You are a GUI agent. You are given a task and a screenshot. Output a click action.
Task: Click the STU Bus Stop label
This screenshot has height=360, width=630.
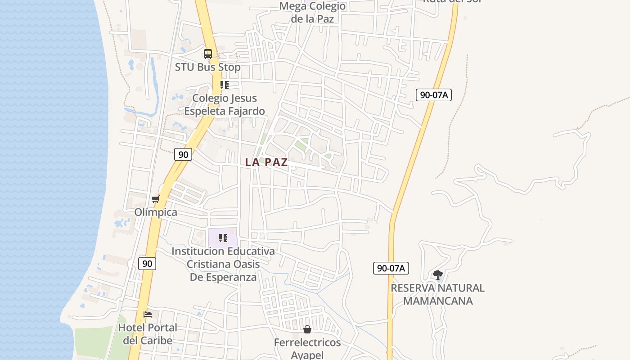point(207,67)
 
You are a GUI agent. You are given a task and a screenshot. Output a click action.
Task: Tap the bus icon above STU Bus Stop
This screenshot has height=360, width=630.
point(207,54)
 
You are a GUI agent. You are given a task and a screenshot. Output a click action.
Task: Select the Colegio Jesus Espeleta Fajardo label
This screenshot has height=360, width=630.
point(225,104)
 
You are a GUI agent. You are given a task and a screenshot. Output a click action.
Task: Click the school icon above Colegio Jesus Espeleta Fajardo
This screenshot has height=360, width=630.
point(225,85)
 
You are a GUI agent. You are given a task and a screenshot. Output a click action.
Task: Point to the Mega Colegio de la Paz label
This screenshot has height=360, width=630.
point(312,13)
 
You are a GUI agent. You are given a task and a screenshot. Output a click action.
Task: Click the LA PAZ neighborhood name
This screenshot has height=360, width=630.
point(266,162)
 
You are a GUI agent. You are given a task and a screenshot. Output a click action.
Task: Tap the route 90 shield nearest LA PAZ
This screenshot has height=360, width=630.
point(183,154)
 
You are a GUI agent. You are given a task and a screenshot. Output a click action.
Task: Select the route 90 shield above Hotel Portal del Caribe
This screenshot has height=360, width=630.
point(147,264)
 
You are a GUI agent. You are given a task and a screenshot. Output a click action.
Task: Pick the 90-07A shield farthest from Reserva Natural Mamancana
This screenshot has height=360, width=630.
point(433,95)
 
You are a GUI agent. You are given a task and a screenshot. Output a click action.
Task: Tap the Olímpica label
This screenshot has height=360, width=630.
point(156,212)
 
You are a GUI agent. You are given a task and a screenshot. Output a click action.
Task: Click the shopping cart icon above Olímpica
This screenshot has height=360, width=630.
point(155,199)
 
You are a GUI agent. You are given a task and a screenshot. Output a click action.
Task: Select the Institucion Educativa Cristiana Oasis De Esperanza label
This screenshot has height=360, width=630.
point(223,264)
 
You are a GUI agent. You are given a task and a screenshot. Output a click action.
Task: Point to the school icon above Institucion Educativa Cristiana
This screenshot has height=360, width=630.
point(223,238)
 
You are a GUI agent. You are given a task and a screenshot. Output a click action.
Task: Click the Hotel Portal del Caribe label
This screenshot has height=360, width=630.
point(148,334)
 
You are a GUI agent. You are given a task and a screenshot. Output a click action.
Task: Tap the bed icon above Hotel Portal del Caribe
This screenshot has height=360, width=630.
point(148,315)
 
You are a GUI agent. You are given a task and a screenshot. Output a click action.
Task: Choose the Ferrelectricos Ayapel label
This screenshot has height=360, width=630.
point(307,349)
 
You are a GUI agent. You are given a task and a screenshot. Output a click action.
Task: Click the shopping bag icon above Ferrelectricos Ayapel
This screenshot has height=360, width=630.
point(307,330)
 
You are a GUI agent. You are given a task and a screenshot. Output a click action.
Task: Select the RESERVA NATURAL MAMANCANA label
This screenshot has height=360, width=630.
point(437,294)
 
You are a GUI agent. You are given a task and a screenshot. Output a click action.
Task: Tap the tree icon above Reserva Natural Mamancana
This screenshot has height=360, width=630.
point(437,274)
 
